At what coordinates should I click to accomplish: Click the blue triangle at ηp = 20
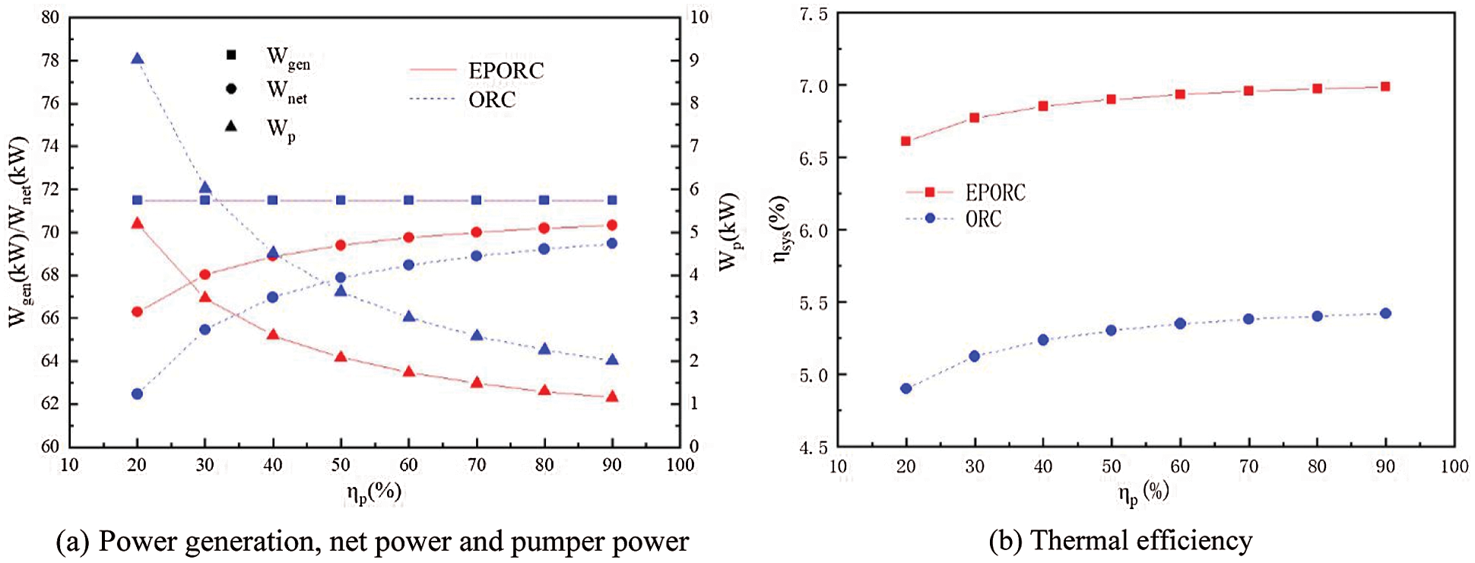(x=137, y=59)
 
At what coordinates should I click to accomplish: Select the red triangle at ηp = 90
(x=612, y=396)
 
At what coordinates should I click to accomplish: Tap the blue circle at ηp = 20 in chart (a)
(x=137, y=393)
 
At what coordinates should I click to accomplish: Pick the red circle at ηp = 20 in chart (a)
(x=137, y=311)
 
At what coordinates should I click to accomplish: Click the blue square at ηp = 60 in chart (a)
(x=409, y=200)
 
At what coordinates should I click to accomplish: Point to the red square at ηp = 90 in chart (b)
(x=1385, y=87)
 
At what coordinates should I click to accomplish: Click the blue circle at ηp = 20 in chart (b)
(x=906, y=388)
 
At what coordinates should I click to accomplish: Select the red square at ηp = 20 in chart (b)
(x=906, y=141)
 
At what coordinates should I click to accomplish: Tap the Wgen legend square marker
(x=231, y=55)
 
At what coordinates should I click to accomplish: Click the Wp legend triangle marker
(x=231, y=126)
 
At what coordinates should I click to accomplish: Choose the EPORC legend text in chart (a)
(x=506, y=71)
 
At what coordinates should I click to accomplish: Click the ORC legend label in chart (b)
(x=983, y=219)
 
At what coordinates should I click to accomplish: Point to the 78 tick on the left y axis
(x=50, y=60)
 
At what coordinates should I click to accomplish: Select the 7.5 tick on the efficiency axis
(x=813, y=14)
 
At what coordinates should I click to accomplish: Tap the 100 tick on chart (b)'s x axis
(x=1454, y=466)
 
